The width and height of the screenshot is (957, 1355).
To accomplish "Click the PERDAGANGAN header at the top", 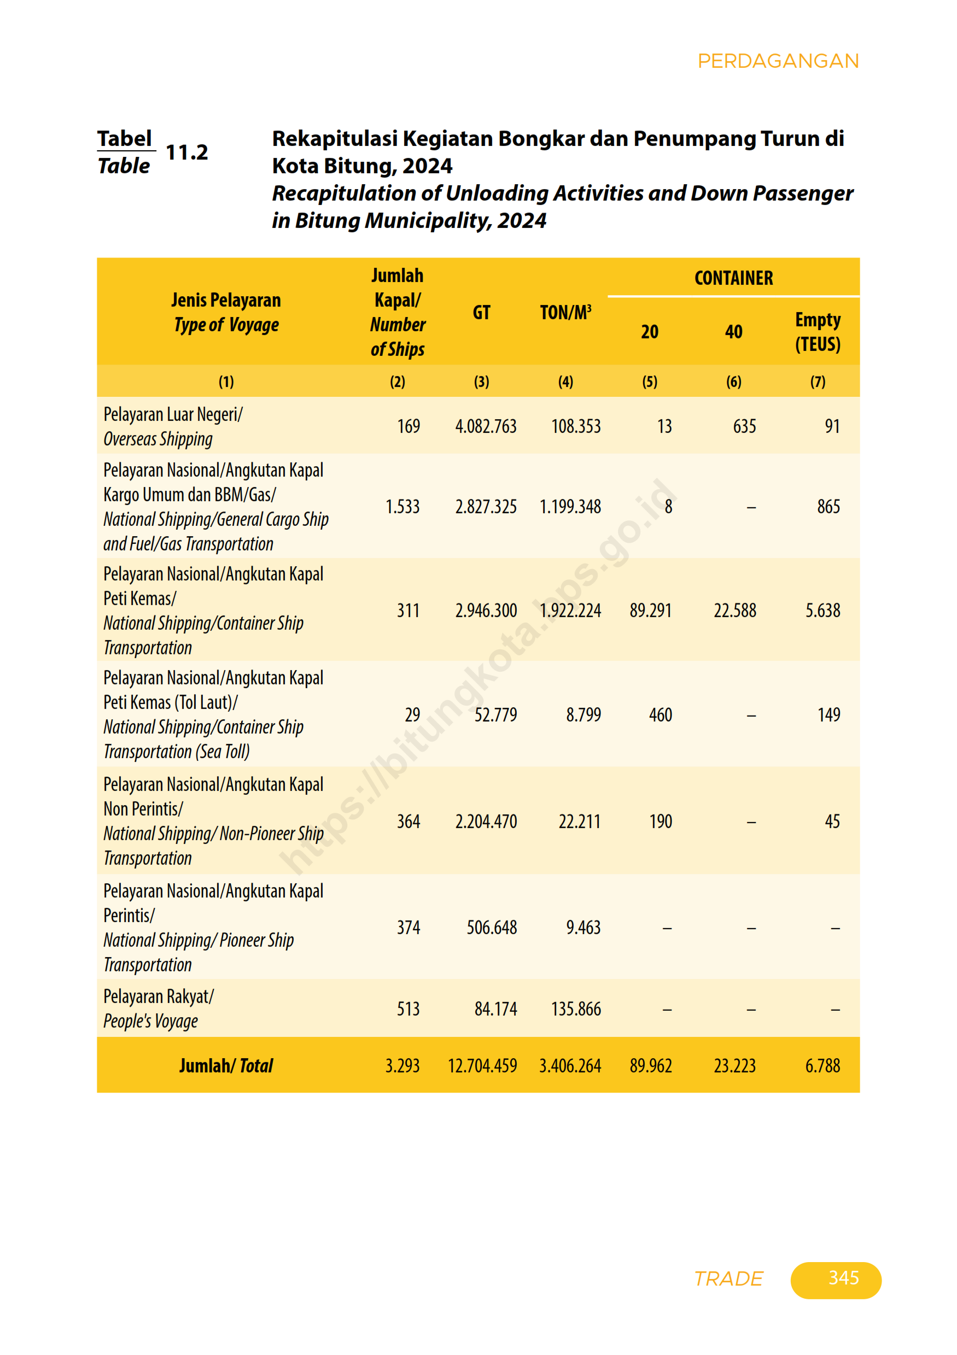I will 778,61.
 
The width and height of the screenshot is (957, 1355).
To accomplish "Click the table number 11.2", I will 186,152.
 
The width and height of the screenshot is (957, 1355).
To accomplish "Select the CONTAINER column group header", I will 733,278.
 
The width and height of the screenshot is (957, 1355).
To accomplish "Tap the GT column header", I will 481,312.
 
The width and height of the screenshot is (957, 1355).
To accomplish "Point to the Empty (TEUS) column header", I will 818,332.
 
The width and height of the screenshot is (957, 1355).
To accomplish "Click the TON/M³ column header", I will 565,312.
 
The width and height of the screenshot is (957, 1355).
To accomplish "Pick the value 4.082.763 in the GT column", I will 485,426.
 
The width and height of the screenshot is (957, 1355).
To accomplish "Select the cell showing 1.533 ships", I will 402,506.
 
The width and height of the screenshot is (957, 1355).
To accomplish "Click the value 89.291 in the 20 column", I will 650,610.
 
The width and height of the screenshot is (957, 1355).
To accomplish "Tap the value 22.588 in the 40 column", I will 734,610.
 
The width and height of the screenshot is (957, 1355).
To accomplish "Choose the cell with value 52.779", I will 495,715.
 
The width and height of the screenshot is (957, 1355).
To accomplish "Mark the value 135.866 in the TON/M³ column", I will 576,1009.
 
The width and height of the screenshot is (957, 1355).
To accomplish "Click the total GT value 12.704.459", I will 482,1066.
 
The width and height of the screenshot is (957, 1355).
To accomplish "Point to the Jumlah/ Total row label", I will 226,1066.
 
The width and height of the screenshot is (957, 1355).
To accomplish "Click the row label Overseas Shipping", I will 157,439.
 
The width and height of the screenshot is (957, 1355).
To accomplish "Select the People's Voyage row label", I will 150,1021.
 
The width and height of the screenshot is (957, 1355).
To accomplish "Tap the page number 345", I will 843,1278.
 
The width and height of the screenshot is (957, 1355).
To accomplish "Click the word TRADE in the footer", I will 728,1278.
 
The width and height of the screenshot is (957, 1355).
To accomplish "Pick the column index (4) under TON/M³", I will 565,382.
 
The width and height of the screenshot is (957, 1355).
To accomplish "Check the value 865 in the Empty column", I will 828,506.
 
